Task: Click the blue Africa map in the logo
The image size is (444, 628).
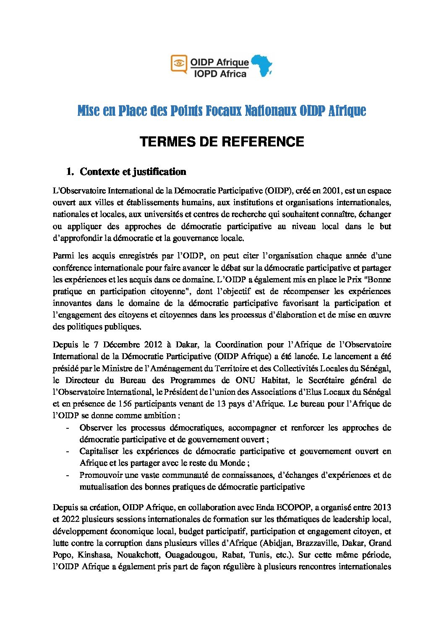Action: click(262, 65)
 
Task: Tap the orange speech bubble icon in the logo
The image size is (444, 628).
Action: click(179, 65)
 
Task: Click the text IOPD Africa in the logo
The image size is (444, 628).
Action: click(219, 74)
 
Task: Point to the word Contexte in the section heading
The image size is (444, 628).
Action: click(98, 172)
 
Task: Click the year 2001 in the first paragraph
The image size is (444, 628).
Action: click(331, 191)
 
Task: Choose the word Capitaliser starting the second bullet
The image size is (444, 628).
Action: click(99, 451)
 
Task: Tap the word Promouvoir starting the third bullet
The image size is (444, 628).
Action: click(100, 475)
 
